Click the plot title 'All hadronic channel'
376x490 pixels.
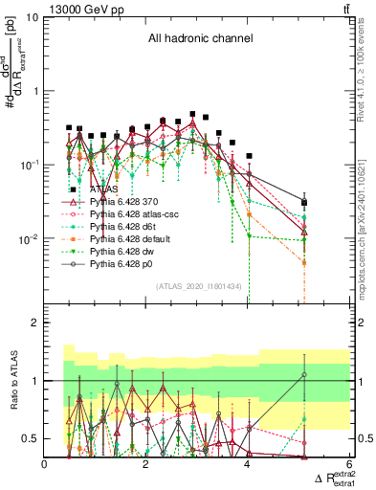[199, 39]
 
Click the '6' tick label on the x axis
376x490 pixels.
[348, 464]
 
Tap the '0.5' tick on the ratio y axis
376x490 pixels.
[29, 438]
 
